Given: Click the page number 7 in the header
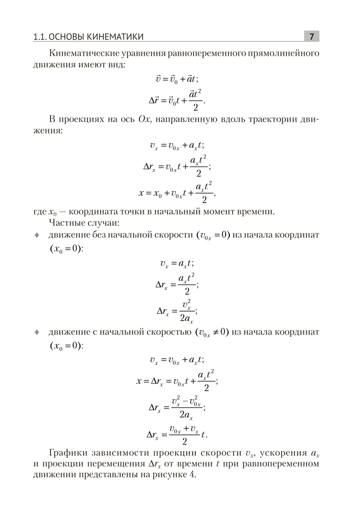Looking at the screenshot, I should click(311, 36).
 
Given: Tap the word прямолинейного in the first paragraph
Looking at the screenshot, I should click(284, 54).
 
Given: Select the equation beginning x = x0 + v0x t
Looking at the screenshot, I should click(177, 193).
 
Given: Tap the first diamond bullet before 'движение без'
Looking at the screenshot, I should click(36, 235).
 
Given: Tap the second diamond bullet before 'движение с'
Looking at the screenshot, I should click(36, 332).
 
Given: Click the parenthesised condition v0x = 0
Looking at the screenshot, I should click(212, 235).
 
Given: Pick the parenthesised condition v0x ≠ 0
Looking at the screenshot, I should click(212, 332).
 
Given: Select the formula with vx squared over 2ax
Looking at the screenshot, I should click(177, 311).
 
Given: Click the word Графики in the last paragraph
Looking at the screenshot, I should click(69, 453).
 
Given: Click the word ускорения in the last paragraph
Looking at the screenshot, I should click(283, 453).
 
